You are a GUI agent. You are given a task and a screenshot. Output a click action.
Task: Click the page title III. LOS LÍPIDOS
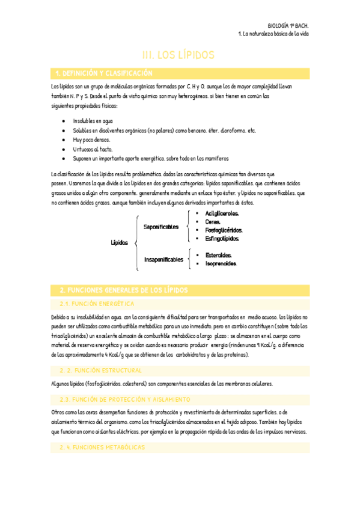coord(178,55)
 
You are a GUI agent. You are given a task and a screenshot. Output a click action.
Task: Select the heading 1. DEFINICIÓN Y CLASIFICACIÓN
coord(104,73)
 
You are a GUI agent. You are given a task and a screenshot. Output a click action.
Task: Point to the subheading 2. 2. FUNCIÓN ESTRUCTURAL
coord(100,370)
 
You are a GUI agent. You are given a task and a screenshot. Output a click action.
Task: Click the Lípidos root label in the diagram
coord(120,243)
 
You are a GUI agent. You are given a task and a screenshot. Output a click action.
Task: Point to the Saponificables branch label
coord(161,227)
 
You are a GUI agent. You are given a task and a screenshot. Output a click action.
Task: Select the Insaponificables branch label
coord(163,260)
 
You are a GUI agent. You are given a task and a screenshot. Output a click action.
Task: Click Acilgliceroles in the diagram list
coord(222,214)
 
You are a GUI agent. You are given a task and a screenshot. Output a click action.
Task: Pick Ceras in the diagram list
coord(213,222)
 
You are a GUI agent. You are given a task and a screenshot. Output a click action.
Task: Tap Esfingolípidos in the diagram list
coord(223,239)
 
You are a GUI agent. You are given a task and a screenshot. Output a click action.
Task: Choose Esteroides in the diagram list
coord(219,255)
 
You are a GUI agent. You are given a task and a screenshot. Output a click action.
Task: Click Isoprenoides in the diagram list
coord(221,263)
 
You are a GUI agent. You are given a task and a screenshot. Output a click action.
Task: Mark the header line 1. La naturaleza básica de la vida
coord(273,34)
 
